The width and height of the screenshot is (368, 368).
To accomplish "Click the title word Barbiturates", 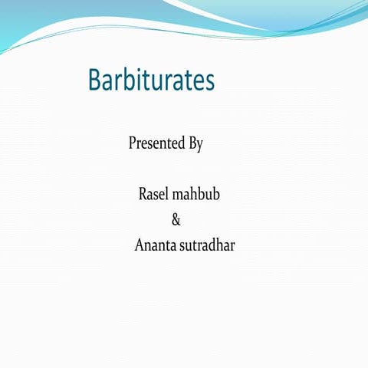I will (x=151, y=80).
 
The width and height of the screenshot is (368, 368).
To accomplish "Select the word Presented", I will (x=156, y=143).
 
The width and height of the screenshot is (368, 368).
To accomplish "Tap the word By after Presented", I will (x=195, y=144).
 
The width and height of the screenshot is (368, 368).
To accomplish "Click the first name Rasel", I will (x=153, y=195).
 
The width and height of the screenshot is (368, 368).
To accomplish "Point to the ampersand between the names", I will (x=176, y=221).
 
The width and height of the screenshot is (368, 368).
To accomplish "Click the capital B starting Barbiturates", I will (x=95, y=80).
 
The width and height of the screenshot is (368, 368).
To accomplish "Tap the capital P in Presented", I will (x=133, y=143).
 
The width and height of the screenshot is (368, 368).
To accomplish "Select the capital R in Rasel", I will (x=143, y=195).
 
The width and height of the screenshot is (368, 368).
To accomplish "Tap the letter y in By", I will (x=199, y=146).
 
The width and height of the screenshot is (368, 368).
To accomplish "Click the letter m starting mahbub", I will (x=176, y=196).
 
